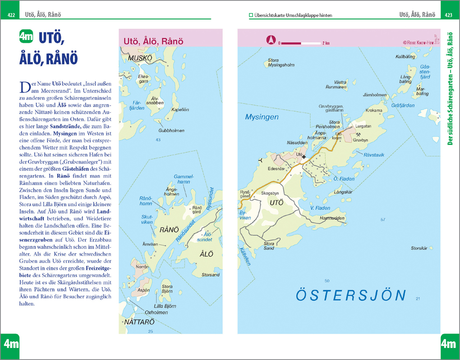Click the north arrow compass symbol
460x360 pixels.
pos(271,40)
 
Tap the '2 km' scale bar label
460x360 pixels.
pos(326,43)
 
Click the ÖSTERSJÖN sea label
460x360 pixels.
pos(351,296)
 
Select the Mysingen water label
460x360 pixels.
pos(262,117)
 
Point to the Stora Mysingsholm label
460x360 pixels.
pos(281,63)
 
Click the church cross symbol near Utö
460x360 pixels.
pos(304,157)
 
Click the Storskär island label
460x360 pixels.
pos(419,248)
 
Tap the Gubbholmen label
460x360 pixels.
pos(171,131)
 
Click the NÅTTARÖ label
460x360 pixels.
pos(139,322)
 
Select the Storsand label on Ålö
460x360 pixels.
pos(211,275)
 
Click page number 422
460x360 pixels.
pos(11,15)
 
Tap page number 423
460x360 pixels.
pos(448,15)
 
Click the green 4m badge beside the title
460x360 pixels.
pos(26,36)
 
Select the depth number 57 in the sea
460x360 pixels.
pos(383,220)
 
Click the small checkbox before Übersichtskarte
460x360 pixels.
pos(251,15)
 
